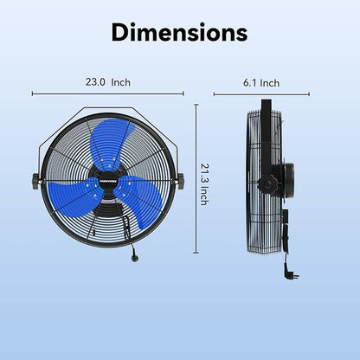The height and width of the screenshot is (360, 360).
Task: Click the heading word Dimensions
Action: pyautogui.click(x=180, y=33)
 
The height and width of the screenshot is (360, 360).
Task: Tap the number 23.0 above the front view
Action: pyautogui.click(x=95, y=83)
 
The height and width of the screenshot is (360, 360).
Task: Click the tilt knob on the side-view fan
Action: pyautogui.click(x=270, y=183)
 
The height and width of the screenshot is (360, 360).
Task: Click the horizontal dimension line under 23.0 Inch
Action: pyautogui.click(x=108, y=93)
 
